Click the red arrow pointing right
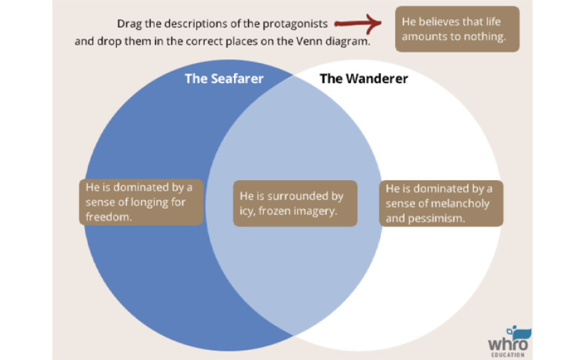click(x=358, y=23)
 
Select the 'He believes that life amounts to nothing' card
click(x=457, y=29)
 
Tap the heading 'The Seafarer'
click(x=224, y=78)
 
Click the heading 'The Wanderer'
click(x=364, y=78)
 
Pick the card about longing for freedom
click(x=141, y=202)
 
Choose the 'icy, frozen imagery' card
click(x=295, y=203)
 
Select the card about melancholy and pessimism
click(x=441, y=203)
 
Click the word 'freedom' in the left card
click(x=108, y=217)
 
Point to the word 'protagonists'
click(x=294, y=24)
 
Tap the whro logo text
click(x=507, y=344)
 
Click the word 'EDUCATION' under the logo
click(x=508, y=355)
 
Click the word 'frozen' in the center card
click(x=275, y=211)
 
